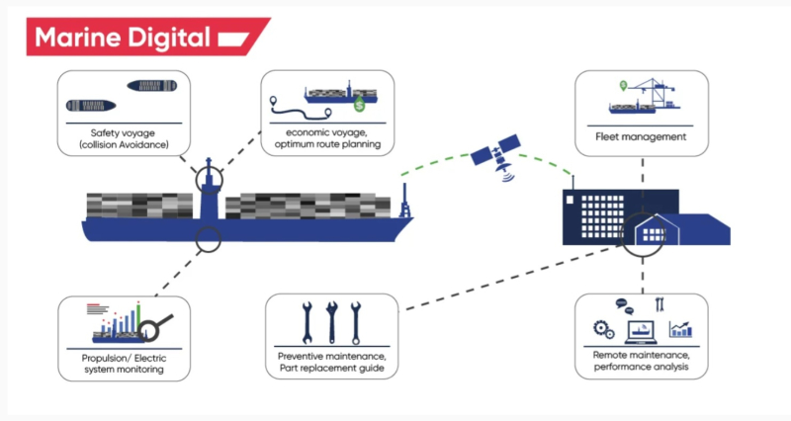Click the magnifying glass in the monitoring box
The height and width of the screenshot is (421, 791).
click(158, 323)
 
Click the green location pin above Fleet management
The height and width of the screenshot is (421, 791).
click(623, 84)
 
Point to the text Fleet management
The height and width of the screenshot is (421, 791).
click(641, 137)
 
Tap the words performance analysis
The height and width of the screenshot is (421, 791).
click(641, 368)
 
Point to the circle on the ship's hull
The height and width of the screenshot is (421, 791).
click(208, 237)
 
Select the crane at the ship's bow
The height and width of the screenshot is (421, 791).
click(403, 198)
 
